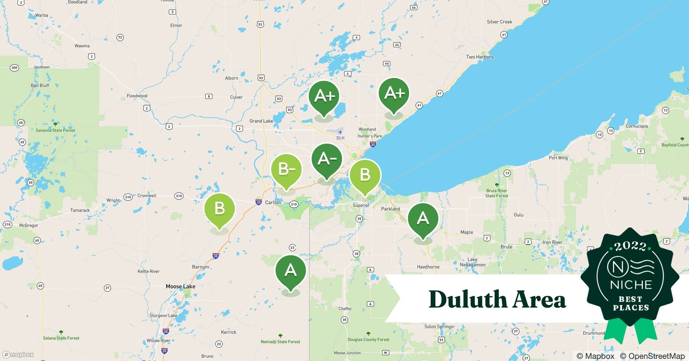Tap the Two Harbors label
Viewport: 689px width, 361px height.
[479, 57]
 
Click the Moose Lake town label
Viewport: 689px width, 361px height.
[180, 286]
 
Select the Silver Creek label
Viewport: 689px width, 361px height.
[499, 22]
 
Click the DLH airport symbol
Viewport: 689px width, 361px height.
[340, 132]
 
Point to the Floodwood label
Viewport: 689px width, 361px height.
[137, 96]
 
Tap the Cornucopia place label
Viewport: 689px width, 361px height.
[637, 126]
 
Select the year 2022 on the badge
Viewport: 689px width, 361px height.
[630, 246]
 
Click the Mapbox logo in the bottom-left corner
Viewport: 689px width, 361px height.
[19, 355]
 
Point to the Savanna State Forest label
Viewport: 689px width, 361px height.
[55, 130]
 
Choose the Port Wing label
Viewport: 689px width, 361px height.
[558, 158]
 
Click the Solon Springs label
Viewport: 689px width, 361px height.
[438, 327]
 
